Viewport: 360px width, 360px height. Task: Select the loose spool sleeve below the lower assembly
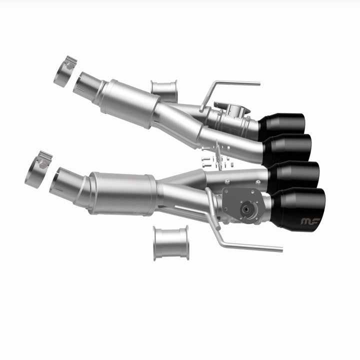point(171,243)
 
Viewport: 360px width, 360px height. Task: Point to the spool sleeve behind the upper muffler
point(164,90)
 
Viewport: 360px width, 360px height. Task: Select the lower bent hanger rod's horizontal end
point(255,246)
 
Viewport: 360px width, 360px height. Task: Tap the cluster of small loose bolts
point(215,159)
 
